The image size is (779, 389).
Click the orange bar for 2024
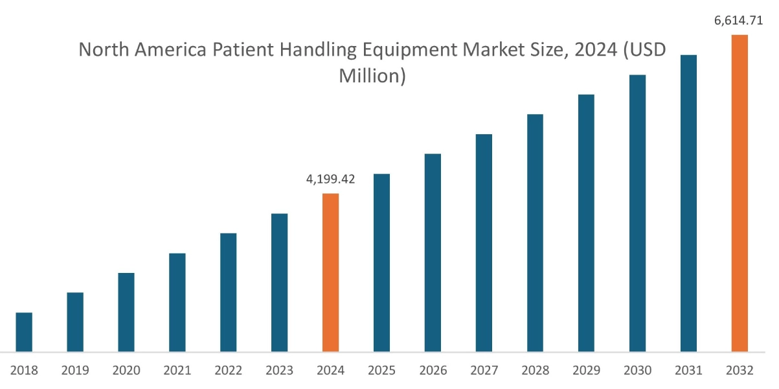(x=330, y=272)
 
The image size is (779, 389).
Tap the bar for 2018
(x=24, y=332)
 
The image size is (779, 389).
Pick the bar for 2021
(x=177, y=302)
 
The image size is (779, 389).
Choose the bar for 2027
(x=484, y=243)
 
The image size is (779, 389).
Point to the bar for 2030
(x=637, y=213)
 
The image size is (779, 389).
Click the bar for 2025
(x=381, y=263)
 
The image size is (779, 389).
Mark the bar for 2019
(x=75, y=322)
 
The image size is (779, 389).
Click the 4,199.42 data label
(x=330, y=179)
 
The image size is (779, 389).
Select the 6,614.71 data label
(x=738, y=20)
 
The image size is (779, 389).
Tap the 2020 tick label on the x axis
(x=126, y=371)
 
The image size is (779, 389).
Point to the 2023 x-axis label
(x=279, y=371)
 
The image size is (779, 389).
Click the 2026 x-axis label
(x=433, y=371)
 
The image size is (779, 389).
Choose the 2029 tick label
(x=586, y=371)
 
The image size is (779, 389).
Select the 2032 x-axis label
(x=739, y=371)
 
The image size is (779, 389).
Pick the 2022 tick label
(x=229, y=371)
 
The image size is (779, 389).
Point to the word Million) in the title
(x=372, y=75)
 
